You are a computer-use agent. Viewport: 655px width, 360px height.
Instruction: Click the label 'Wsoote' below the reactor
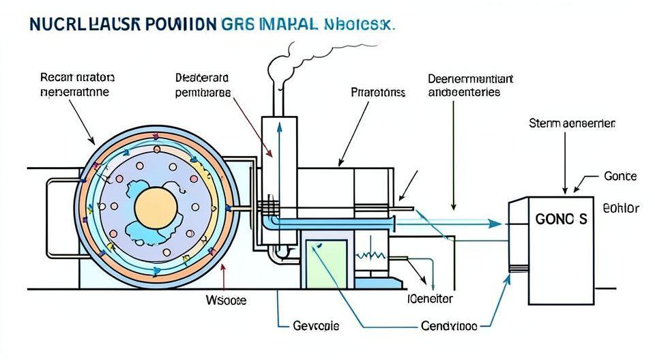[226, 300]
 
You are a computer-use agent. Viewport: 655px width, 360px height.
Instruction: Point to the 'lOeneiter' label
[430, 299]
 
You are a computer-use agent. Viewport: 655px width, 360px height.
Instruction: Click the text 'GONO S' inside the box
[561, 220]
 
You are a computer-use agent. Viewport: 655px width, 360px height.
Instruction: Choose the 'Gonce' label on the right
[620, 176]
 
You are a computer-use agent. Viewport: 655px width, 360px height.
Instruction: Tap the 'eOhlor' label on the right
[621, 208]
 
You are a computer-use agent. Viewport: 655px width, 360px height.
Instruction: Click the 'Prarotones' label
[378, 92]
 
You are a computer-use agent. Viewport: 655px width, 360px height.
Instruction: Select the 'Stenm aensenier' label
[572, 124]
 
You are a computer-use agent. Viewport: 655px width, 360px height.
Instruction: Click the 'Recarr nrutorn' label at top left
[77, 84]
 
